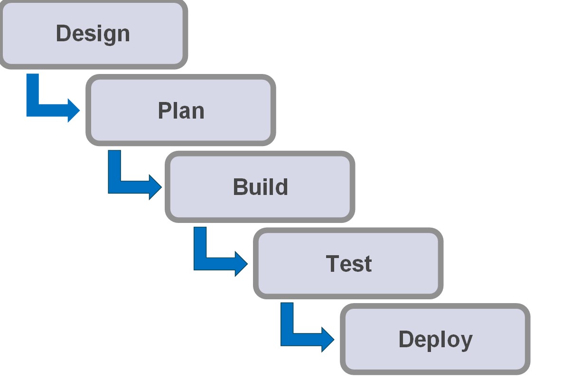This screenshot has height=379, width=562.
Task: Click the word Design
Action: coord(93,34)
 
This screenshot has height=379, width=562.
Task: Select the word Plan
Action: coord(181,111)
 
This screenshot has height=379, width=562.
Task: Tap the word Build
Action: coord(260,187)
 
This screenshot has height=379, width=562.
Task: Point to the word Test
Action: coord(348,263)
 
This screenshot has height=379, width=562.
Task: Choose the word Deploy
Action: coord(435,340)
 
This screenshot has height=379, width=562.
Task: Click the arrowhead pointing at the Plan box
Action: coord(73,110)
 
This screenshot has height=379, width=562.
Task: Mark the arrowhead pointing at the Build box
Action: coord(155,187)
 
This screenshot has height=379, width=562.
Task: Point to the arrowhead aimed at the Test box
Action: coord(241,263)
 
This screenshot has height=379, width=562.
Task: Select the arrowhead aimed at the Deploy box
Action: coord(327,339)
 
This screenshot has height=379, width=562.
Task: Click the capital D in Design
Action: coord(63,33)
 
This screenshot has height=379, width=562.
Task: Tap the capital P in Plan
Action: coord(164,111)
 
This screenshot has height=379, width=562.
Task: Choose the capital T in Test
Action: coord(333,263)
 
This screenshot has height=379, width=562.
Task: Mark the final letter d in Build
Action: coord(281,187)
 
